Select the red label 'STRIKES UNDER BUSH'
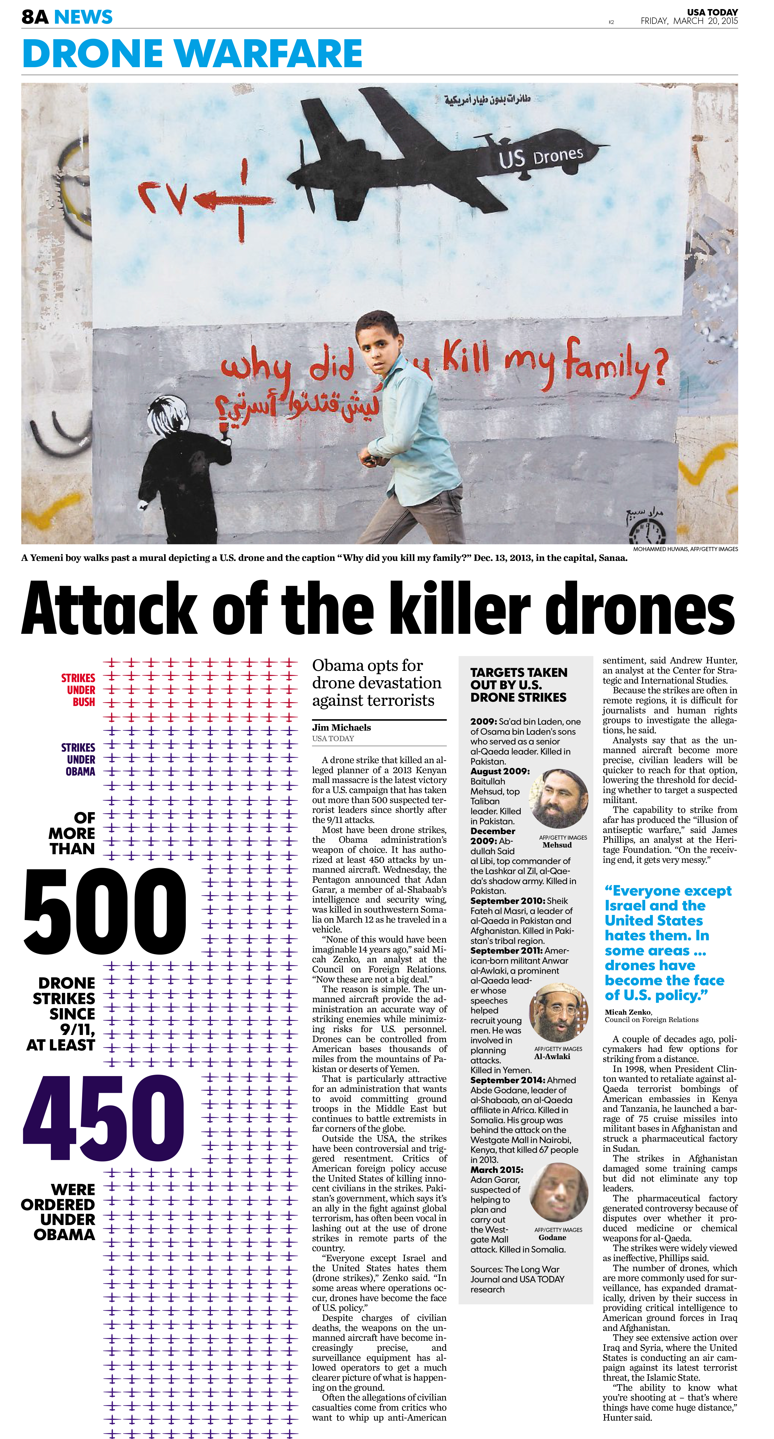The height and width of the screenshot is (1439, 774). pos(78,690)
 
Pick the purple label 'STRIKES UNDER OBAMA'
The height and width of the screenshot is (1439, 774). pos(78,759)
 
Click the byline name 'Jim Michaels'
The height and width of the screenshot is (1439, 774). pos(341,727)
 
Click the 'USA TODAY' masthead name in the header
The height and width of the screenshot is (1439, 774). pos(712,12)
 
